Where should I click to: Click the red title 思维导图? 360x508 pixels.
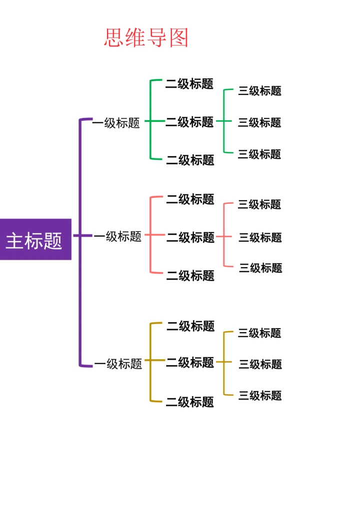146,38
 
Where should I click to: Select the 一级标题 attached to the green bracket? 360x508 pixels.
116,123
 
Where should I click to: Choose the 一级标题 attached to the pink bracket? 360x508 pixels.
118,236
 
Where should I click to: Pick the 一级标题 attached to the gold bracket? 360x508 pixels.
118,364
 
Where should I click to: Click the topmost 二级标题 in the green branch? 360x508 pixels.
189,84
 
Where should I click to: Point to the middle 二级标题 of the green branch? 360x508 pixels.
189,122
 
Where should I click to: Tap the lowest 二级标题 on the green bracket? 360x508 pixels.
190,160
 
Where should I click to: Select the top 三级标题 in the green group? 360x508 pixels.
259,91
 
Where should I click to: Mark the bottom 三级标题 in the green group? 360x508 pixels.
259,154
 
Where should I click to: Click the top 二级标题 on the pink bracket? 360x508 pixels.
190,199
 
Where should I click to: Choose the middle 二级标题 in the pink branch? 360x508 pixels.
190,237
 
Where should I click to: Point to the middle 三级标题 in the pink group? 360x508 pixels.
260,237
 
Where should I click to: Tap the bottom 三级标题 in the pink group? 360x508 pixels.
260,268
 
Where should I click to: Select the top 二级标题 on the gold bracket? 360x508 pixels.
190,326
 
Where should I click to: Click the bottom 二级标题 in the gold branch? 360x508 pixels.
190,402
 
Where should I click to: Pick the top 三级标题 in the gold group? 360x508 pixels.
259,333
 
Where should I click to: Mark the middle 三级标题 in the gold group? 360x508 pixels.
260,364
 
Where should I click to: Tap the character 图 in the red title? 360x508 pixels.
178,38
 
